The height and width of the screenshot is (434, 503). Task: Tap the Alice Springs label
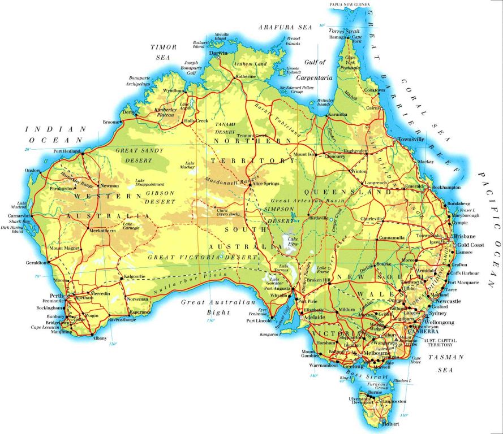(x=266, y=184)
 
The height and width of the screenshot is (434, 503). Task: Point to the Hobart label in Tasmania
(x=391, y=424)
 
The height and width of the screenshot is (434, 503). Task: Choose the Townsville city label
(x=411, y=139)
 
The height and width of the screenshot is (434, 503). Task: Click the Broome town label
(x=111, y=122)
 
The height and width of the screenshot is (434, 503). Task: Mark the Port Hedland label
(x=66, y=151)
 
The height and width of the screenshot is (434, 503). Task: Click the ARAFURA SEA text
(x=285, y=27)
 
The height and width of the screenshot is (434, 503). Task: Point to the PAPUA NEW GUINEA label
(x=350, y=5)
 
